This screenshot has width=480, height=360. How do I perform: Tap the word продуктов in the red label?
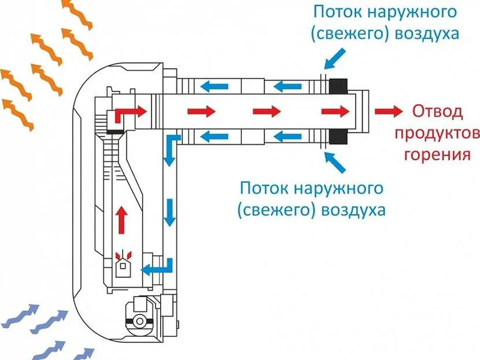pos(437,133)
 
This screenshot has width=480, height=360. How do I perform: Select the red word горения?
pos(437,155)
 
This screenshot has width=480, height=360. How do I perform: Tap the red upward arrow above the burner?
pos(121,220)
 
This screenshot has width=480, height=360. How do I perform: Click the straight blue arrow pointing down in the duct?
pos(169,212)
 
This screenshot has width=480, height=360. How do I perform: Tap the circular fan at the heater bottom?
pos(139,321)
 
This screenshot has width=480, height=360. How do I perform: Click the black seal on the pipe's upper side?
pos(338,86)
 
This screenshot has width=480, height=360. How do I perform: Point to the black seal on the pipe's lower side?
pos(338,137)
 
